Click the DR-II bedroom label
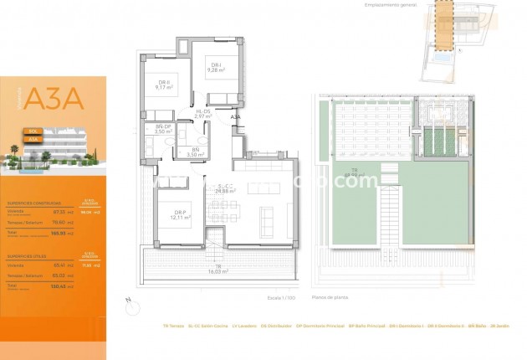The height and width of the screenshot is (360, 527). tap(163, 83)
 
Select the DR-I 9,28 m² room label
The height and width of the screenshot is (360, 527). tap(215, 68)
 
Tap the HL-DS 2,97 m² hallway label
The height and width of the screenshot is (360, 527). tap(203, 115)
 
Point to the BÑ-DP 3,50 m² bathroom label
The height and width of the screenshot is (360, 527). tap(163, 130)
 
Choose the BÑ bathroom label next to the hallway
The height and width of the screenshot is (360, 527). tap(196, 152)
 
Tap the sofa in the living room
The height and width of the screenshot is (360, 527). tap(268, 220)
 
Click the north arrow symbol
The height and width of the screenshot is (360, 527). tap(125, 300)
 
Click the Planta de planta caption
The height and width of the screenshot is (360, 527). tap(330, 297)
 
